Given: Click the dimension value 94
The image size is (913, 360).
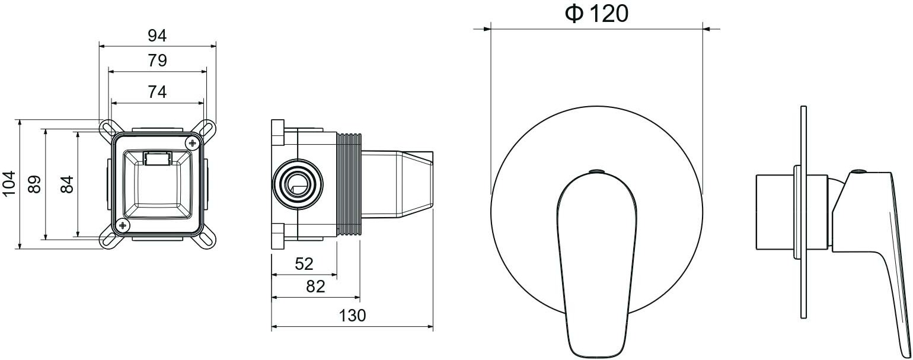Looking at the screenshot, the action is (x=157, y=36).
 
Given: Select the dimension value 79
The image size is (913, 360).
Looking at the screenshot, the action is (x=157, y=60).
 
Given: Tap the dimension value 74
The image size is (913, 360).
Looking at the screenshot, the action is (x=157, y=92).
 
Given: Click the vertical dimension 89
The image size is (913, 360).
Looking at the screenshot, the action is (x=34, y=184).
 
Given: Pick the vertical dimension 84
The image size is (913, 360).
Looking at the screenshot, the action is (x=66, y=184).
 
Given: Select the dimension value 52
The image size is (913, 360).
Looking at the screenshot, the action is (x=304, y=264).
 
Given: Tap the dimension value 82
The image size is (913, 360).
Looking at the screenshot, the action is (x=315, y=286).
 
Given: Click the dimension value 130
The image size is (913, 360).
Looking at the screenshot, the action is (x=353, y=316).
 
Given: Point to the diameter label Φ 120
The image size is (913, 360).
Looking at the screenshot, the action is (x=596, y=14).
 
